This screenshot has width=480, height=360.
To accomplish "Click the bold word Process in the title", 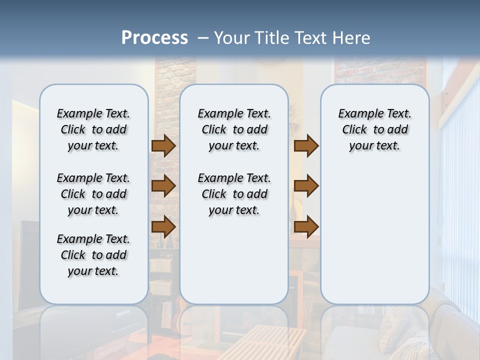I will (154, 37).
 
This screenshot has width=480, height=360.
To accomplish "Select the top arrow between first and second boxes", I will (163, 145).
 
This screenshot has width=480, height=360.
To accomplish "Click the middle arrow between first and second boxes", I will (163, 186).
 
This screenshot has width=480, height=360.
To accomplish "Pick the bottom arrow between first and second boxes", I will (163, 226).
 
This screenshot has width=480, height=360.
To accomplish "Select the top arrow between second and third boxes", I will (306, 145).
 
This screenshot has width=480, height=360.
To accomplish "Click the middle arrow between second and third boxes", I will (306, 186).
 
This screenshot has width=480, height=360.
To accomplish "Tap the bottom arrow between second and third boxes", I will (306, 226).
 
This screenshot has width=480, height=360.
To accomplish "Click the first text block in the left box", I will (93, 129).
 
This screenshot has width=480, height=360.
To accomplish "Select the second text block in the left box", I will (93, 194).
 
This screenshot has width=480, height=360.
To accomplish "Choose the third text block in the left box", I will (93, 255).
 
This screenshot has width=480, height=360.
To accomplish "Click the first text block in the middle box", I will (234, 129).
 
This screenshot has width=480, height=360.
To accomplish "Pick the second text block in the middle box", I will (234, 194).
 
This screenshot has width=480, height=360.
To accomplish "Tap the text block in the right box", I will (375, 129).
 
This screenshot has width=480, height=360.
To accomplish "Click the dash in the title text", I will (203, 38).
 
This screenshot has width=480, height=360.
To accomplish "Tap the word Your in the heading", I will (233, 38).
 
